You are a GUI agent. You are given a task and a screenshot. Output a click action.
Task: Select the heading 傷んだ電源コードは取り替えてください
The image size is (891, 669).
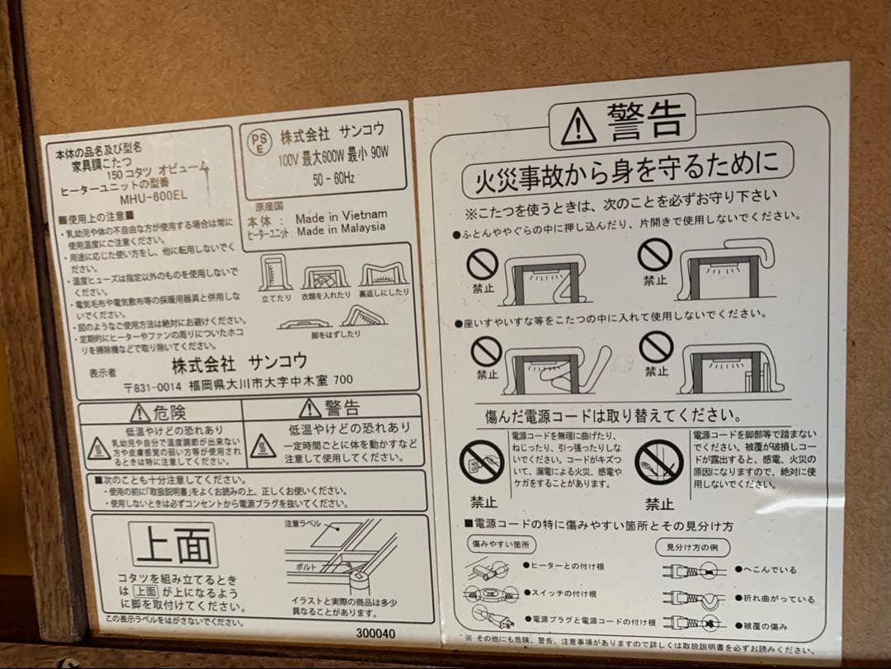(x=612, y=414)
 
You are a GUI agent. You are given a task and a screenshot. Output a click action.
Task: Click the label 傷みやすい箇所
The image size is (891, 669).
(x=502, y=544)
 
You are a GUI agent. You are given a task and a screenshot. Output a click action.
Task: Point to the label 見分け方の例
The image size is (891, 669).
(x=692, y=546)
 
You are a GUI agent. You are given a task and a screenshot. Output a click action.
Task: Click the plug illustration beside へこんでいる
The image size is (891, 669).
(x=692, y=570)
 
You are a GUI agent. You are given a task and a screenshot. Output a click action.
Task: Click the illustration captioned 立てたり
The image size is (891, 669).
(x=276, y=274)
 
